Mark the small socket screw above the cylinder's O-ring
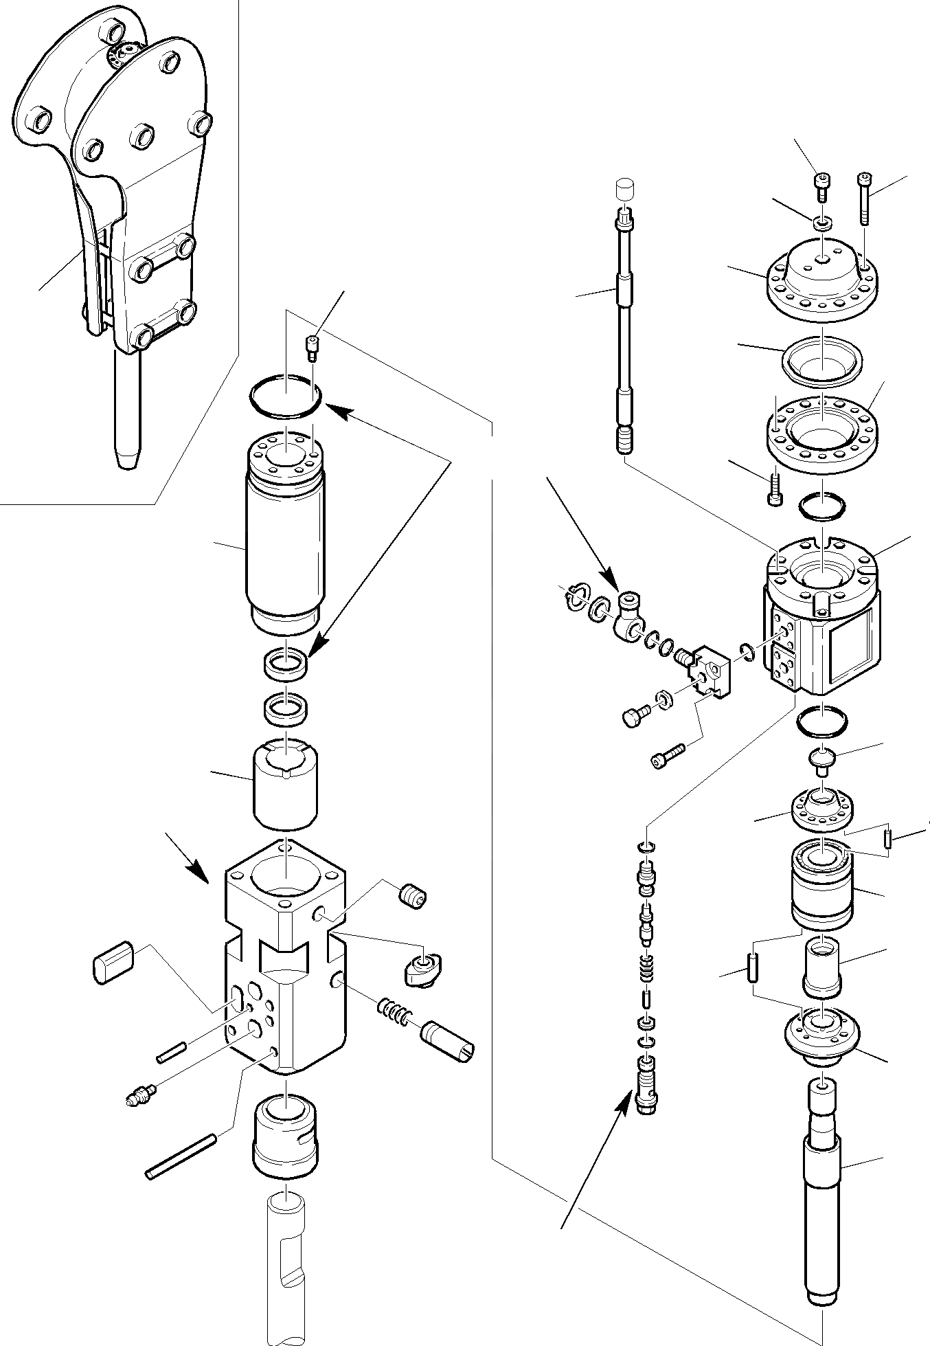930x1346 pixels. pos(313,348)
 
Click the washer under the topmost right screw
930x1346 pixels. pos(821,223)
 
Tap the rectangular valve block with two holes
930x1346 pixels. pos(711,673)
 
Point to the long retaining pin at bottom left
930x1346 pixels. pos(181,1156)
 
